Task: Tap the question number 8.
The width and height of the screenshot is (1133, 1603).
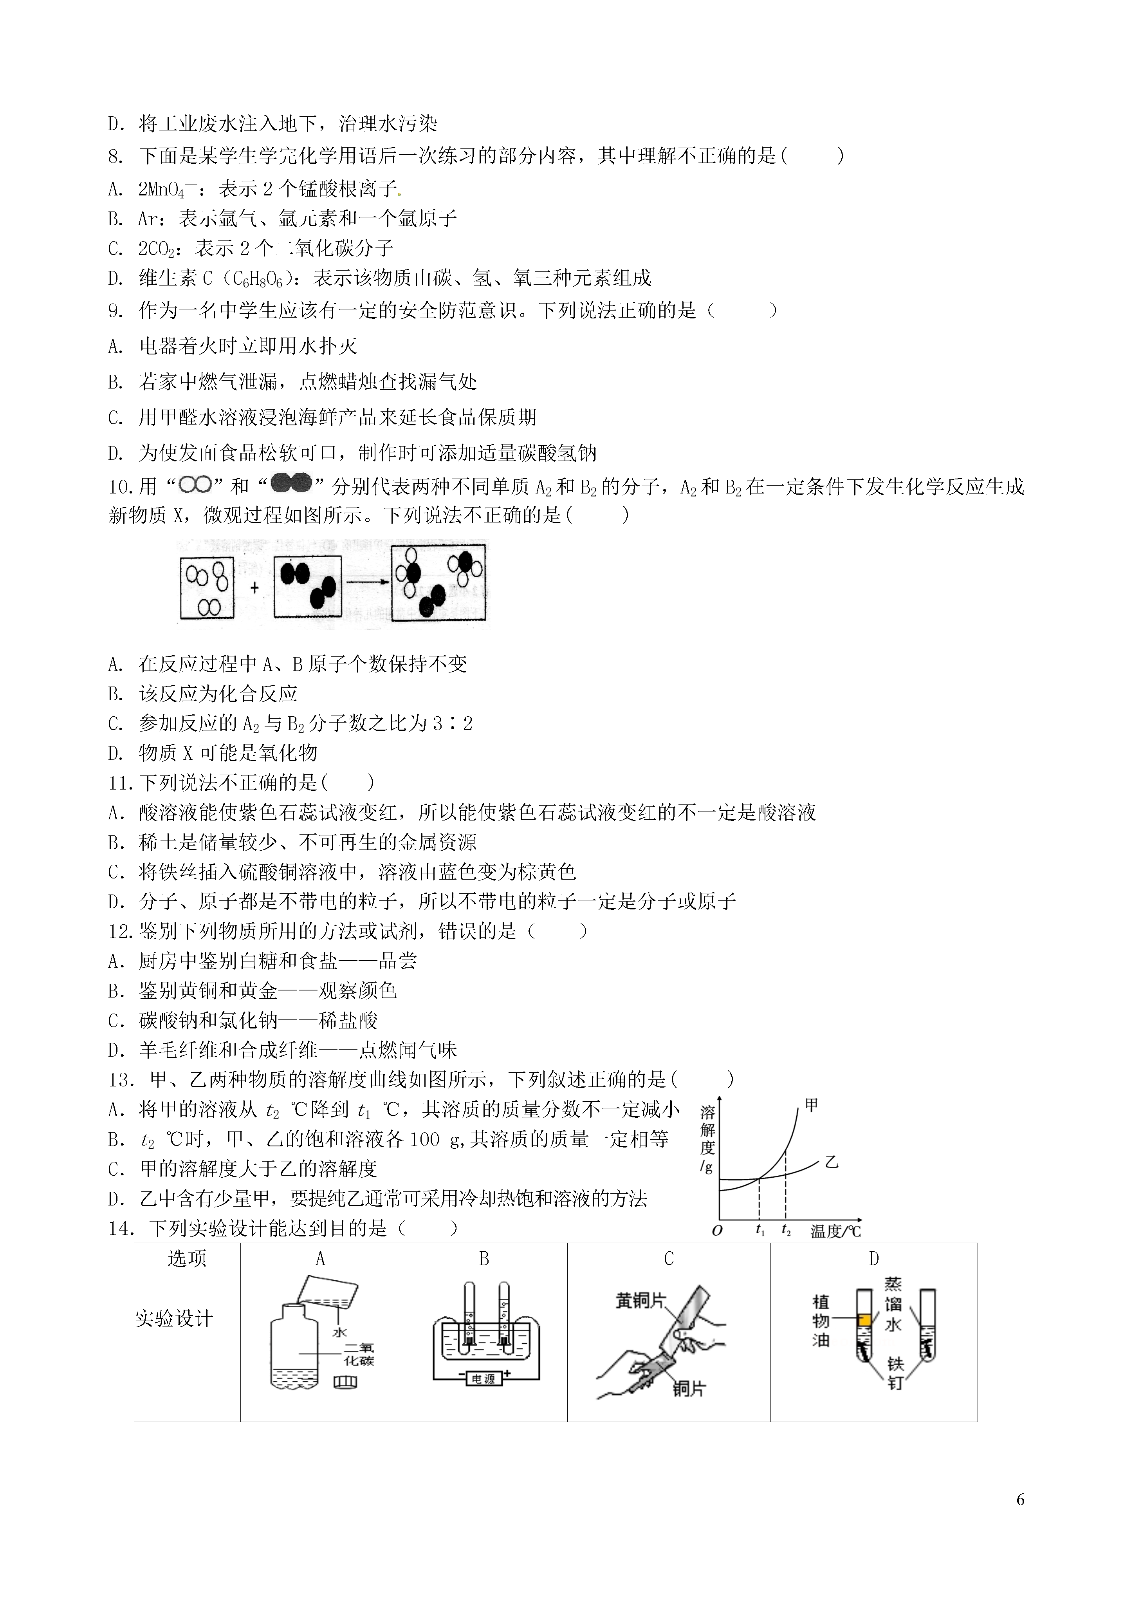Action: pyautogui.click(x=115, y=156)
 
